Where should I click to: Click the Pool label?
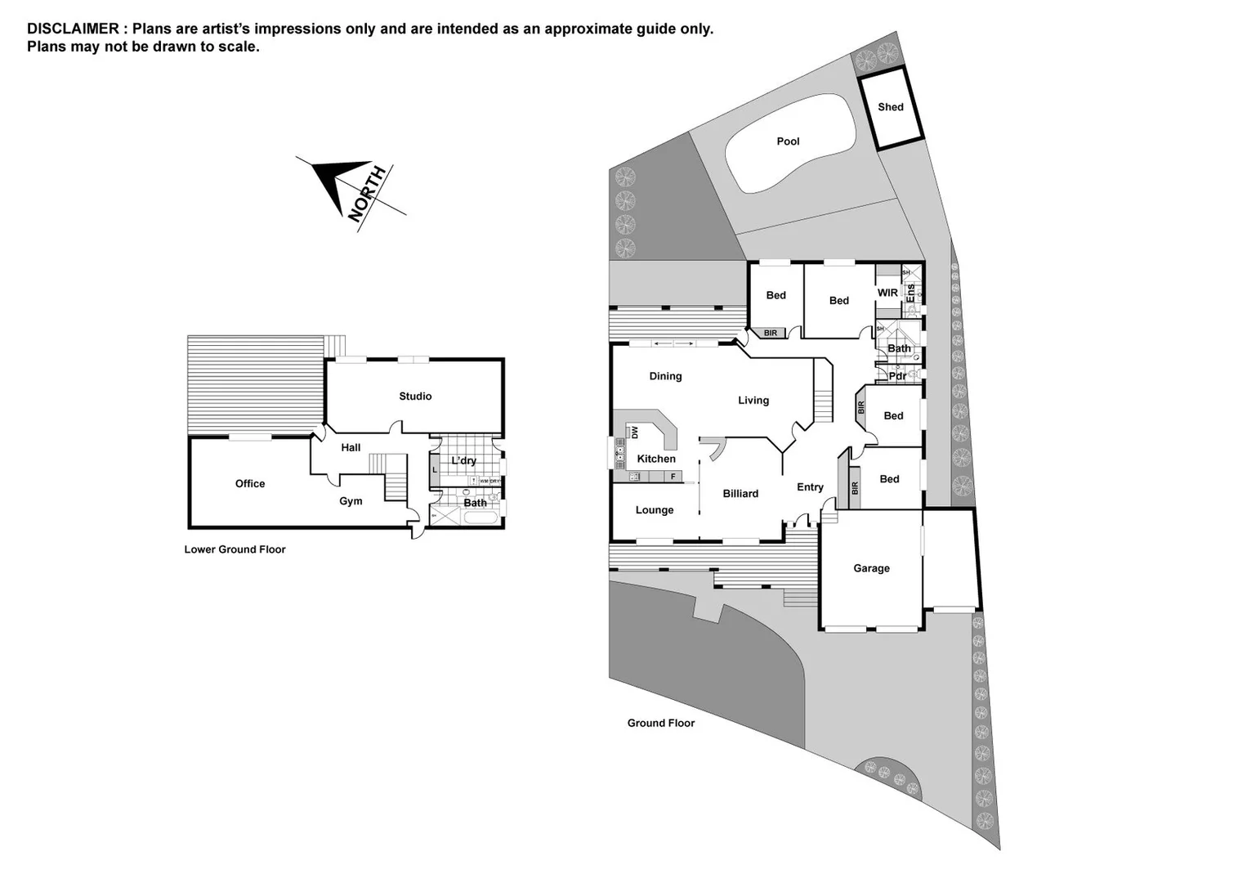tap(788, 141)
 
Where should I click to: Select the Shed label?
tap(890, 107)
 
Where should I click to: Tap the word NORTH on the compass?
tap(368, 194)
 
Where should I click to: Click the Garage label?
tap(871, 568)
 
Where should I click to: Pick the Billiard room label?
tap(740, 494)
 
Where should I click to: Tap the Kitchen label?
tap(656, 459)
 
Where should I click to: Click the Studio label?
tap(415, 397)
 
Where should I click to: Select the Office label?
tap(250, 484)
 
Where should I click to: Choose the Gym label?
tap(351, 501)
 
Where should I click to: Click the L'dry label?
tap(463, 461)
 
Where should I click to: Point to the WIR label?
tap(887, 293)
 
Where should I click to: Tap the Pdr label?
tap(896, 376)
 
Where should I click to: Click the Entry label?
tap(810, 487)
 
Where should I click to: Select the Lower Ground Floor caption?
tap(235, 549)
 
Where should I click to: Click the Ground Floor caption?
tap(660, 723)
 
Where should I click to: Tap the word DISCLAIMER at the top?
tap(73, 29)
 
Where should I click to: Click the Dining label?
tap(665, 376)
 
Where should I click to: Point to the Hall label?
tap(351, 448)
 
